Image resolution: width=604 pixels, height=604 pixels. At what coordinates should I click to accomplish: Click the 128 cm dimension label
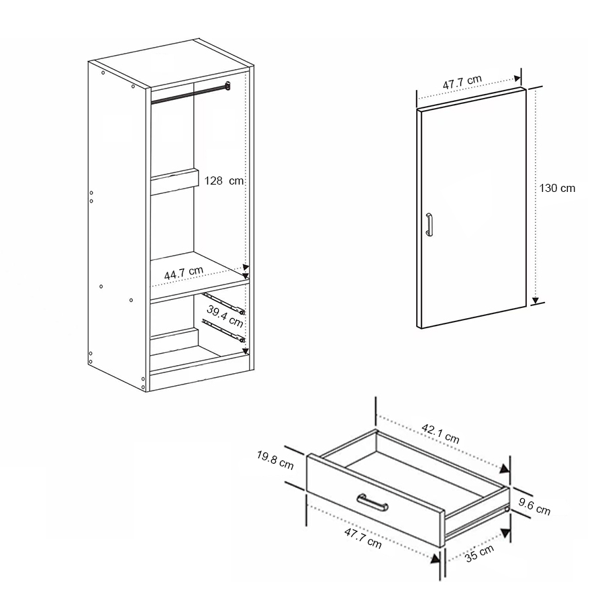223,181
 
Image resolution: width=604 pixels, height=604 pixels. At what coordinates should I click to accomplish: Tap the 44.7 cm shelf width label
184,272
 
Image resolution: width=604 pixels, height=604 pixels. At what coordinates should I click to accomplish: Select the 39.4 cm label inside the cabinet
225,316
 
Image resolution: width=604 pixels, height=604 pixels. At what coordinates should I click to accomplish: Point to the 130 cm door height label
557,189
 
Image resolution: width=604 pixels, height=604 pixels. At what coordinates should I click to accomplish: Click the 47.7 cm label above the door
462,83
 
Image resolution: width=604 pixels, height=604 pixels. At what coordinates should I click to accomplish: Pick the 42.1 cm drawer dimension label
440,434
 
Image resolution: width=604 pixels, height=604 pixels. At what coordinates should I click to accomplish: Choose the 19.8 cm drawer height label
275,460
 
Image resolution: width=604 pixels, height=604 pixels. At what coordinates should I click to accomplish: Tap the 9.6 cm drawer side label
534,507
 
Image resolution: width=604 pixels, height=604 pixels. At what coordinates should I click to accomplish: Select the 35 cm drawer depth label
479,554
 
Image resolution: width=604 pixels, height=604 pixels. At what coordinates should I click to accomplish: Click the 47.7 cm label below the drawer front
363,538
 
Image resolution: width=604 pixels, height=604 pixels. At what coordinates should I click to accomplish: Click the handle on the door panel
429,224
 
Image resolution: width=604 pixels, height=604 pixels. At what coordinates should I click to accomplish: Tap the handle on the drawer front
372,502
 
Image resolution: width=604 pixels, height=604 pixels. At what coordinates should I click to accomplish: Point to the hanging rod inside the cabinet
191,93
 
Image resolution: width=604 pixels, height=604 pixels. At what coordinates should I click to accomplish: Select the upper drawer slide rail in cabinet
223,303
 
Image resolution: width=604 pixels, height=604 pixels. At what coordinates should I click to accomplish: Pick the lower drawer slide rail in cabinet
223,330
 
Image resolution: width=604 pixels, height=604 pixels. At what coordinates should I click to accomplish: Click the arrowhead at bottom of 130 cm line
535,301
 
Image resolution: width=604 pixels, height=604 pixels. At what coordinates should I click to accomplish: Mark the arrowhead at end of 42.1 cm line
505,468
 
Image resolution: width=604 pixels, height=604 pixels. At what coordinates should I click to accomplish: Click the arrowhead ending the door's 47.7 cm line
517,79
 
